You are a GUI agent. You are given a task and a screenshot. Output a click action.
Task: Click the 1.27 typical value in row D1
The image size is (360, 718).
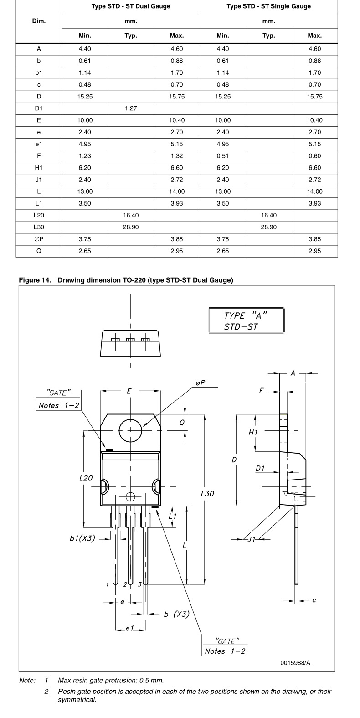[131, 108]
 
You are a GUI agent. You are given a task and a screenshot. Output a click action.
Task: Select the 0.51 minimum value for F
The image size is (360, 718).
[223, 156]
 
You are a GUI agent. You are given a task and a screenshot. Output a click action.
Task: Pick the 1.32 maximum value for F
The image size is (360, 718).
[177, 156]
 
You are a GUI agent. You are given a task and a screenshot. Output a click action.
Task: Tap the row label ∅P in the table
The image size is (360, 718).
[39, 239]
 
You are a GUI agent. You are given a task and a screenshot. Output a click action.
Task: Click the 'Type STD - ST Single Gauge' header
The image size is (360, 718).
[268, 6]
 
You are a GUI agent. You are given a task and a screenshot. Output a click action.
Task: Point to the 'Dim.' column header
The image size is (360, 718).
[39, 21]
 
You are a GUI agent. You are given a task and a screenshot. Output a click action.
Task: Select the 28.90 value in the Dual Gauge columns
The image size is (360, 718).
[131, 227]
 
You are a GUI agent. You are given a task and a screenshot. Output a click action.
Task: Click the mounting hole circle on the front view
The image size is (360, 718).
[130, 430]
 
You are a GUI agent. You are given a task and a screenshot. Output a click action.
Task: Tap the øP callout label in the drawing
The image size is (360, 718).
[200, 383]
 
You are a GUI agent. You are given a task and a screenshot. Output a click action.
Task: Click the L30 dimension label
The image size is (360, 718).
[207, 494]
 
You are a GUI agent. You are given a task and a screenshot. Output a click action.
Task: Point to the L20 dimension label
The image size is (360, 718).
[86, 478]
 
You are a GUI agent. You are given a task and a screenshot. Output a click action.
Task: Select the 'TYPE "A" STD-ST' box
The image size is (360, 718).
[246, 321]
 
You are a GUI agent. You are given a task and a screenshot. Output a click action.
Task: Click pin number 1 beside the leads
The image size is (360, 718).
[108, 584]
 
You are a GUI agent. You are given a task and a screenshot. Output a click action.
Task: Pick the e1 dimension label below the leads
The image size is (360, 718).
[130, 629]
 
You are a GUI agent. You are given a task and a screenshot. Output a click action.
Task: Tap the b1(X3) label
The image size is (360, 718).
[82, 538]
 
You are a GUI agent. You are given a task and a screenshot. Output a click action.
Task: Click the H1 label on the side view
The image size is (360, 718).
[253, 432]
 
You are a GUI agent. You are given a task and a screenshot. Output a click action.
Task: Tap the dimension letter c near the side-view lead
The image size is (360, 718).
[314, 600]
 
